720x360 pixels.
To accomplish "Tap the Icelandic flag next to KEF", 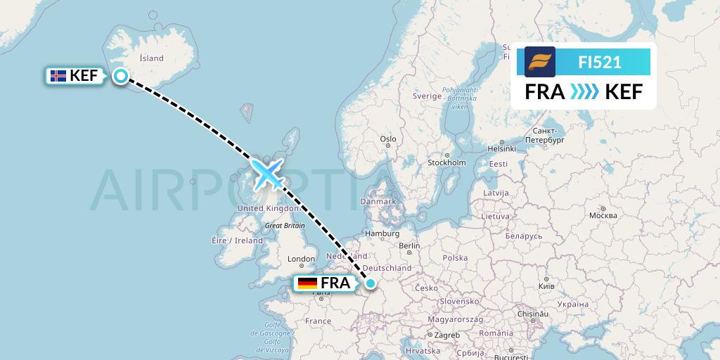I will pyautogui.click(x=58, y=76).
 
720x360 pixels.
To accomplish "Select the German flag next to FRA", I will pyautogui.click(x=307, y=283).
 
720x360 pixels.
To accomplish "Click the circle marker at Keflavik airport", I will pyautogui.click(x=121, y=77).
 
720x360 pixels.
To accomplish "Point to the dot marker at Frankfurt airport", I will pyautogui.click(x=370, y=283).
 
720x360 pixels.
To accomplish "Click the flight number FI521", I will pyautogui.click(x=599, y=63).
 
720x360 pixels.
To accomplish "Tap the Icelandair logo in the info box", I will pyautogui.click(x=540, y=62).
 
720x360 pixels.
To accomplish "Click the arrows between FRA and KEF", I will pyautogui.click(x=584, y=92).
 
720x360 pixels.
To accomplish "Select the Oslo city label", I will pyautogui.click(x=388, y=139).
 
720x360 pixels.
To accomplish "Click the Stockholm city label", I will pyautogui.click(x=446, y=162).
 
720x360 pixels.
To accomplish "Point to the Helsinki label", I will pyautogui.click(x=502, y=148).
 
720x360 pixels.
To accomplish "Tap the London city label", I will pyautogui.click(x=301, y=259).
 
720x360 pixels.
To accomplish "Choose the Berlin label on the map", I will pyautogui.click(x=409, y=246).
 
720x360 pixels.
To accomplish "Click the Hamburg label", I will pyautogui.click(x=382, y=233).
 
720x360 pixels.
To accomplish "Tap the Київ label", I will pyautogui.click(x=546, y=286).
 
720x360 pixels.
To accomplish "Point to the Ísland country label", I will pyautogui.click(x=151, y=58).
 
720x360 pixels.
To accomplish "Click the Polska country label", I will pyautogui.click(x=456, y=258).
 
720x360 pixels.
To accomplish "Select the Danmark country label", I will pyautogui.click(x=378, y=201).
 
